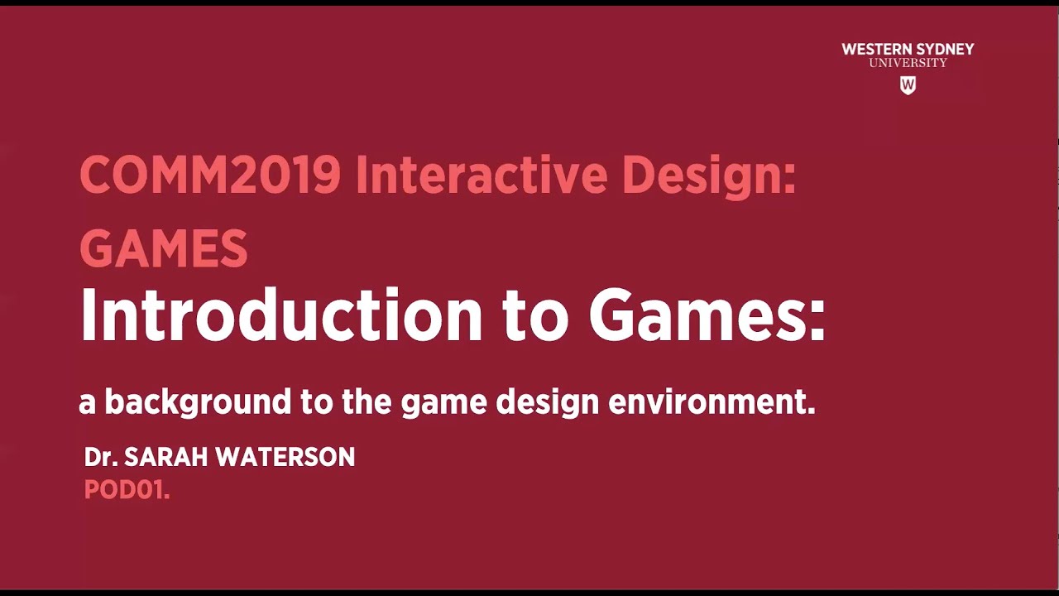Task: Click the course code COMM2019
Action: (210, 175)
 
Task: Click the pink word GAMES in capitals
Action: (164, 248)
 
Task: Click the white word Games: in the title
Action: (707, 316)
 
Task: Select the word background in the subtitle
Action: (198, 402)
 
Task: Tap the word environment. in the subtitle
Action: (712, 402)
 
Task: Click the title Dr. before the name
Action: (100, 457)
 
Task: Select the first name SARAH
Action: (165, 457)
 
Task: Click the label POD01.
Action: (127, 490)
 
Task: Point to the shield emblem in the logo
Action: (908, 84)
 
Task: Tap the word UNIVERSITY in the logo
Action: (908, 63)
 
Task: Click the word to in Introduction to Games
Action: (535, 316)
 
